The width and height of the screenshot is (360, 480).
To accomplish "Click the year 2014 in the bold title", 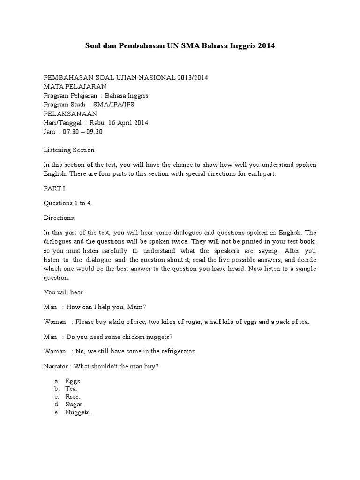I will click(x=265, y=46).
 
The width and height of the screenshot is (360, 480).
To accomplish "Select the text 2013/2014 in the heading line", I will click(x=190, y=77).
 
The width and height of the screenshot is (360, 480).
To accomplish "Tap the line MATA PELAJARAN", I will click(x=75, y=86).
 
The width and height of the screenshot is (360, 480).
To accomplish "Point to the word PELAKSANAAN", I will click(x=70, y=113).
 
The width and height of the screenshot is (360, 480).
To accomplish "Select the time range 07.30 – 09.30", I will click(x=86, y=132).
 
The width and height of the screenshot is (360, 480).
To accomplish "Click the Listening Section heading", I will click(x=69, y=150).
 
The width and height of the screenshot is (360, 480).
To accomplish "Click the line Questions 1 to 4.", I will click(x=70, y=204).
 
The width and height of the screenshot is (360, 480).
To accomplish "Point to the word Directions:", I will click(x=60, y=218).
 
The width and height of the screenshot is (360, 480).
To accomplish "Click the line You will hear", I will click(x=63, y=292).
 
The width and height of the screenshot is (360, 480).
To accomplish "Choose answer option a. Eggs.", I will click(x=73, y=381).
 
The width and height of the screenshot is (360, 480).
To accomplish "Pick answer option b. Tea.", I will click(x=71, y=389).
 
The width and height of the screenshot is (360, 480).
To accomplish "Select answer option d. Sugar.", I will click(x=75, y=404).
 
